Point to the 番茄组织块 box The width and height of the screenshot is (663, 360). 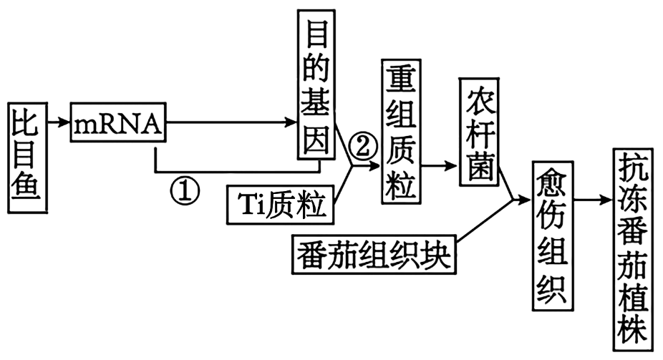tap(373, 253)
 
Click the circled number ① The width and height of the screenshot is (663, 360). tap(184, 189)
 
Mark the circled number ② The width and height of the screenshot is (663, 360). tap(361, 148)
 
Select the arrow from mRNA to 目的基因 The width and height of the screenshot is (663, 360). tap(229, 123)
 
